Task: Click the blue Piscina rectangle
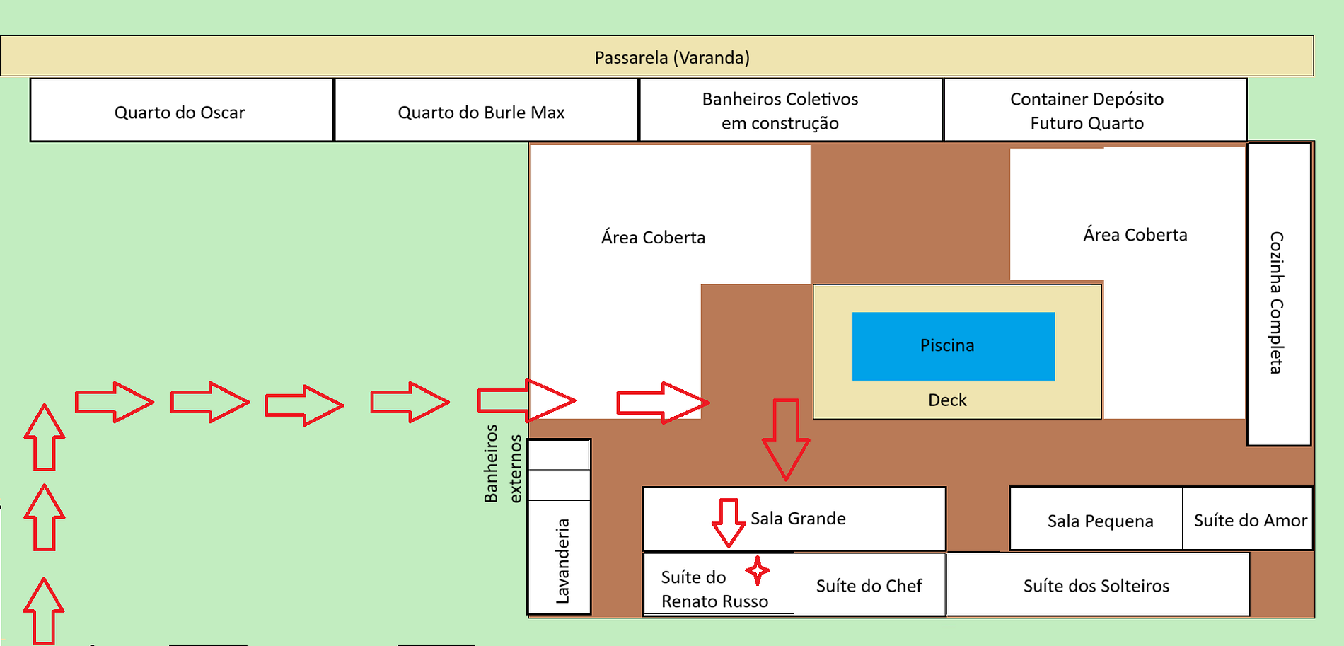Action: point(953,346)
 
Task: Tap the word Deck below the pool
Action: point(947,400)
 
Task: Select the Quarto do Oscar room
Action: point(181,111)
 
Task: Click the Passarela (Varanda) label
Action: point(672,57)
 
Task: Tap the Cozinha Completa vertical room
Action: point(1278,294)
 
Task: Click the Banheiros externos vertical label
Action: point(502,463)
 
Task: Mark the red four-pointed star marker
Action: point(758,570)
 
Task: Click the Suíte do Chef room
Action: point(869,586)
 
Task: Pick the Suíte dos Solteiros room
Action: point(1096,586)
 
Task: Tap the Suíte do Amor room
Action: point(1249,520)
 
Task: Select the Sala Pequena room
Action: point(1100,521)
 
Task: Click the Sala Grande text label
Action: point(798,519)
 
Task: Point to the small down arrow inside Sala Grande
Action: point(729,522)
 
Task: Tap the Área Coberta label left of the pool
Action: point(653,238)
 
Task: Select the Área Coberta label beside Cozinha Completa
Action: point(1135,235)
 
